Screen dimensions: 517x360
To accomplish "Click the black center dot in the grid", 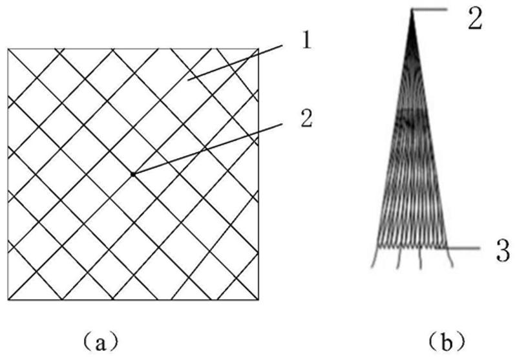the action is (133, 174).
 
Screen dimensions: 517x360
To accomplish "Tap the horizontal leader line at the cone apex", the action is (430, 9).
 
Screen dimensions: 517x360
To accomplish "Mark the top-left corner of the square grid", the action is (8, 48).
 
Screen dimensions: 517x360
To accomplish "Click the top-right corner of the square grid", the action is (258, 48).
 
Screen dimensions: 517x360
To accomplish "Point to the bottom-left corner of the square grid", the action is (8, 299).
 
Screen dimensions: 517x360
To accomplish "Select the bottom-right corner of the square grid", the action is (258, 299).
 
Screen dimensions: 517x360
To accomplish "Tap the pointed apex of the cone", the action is (412, 10).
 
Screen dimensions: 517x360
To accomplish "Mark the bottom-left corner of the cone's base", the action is (377, 246).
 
